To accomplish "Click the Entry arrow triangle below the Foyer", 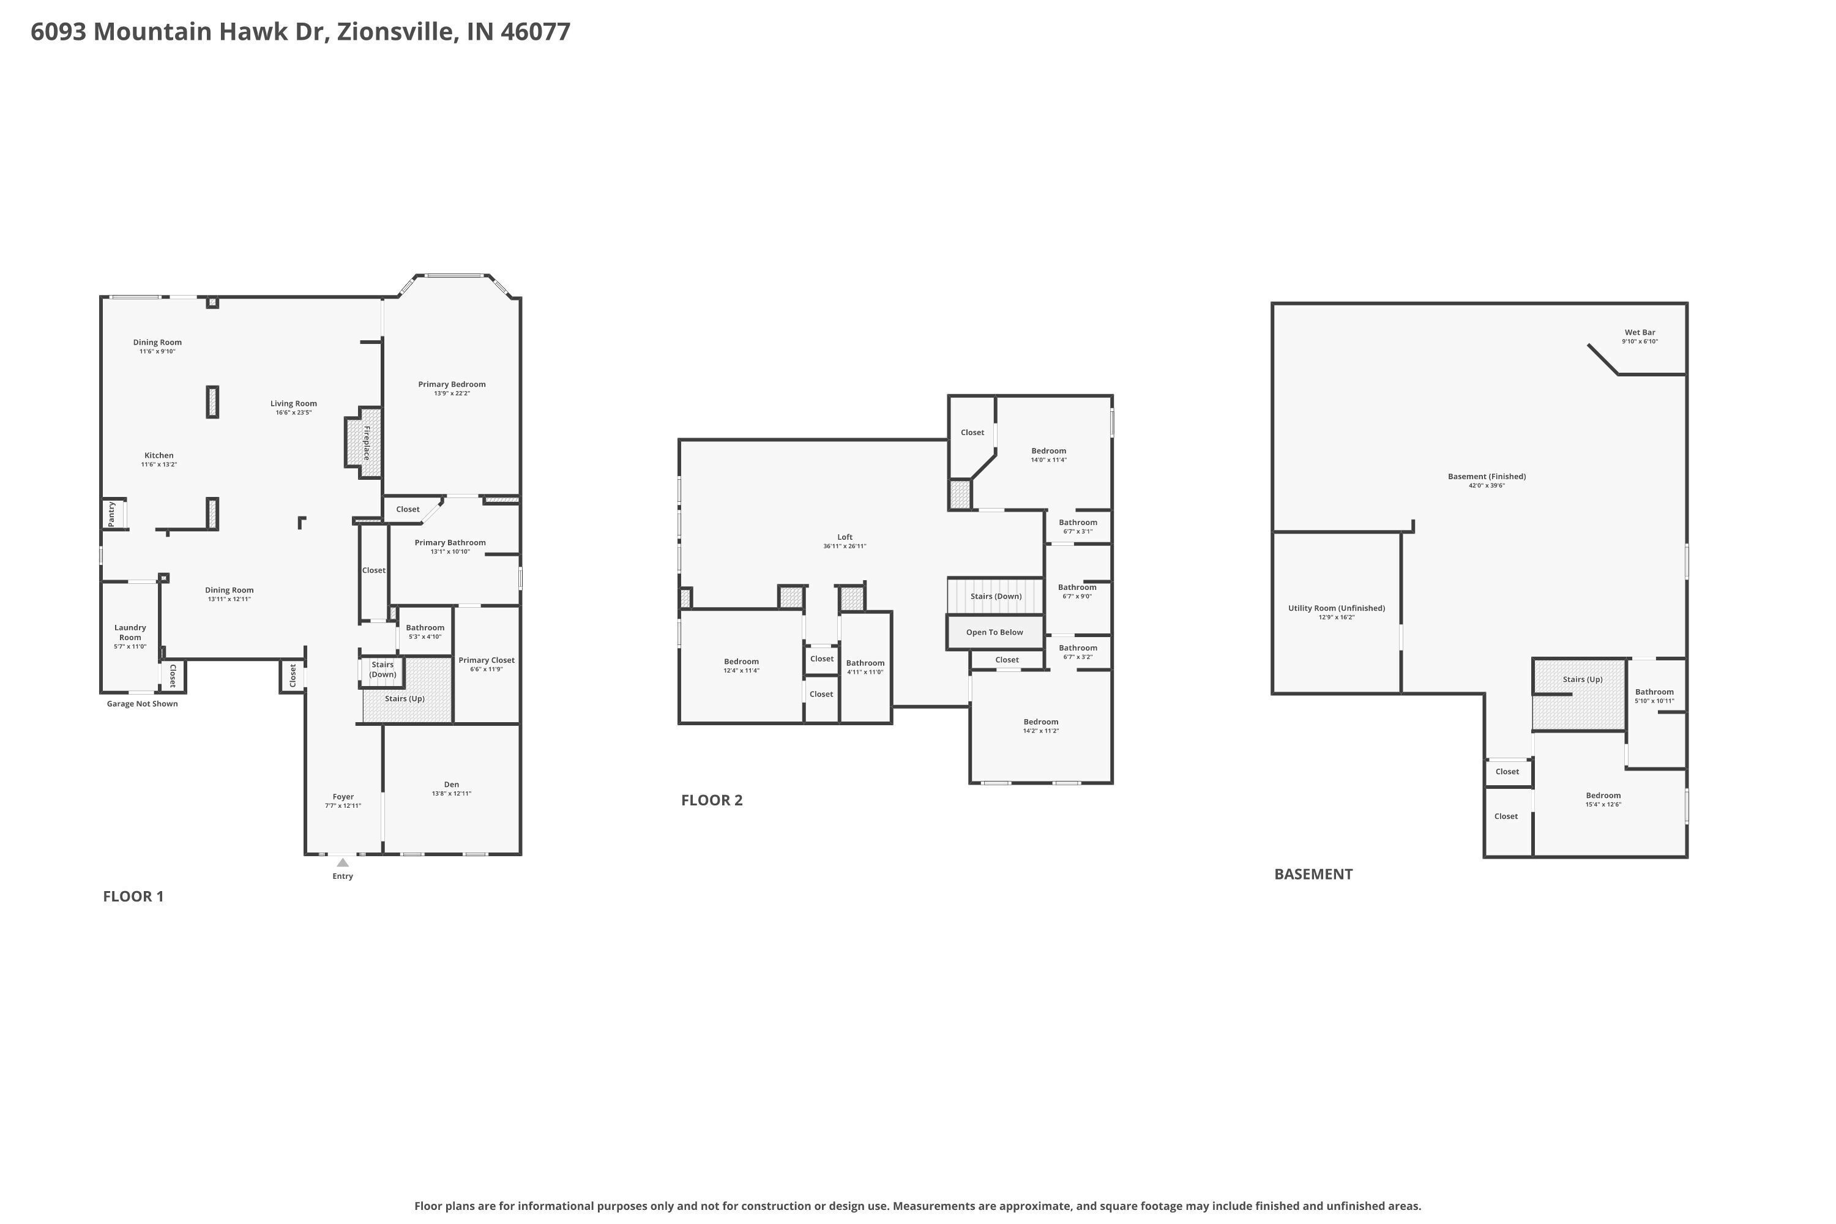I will (x=343, y=862).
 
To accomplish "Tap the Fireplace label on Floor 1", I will (x=366, y=442).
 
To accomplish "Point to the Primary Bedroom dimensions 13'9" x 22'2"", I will (x=452, y=394).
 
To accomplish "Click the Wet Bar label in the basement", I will (x=1640, y=332).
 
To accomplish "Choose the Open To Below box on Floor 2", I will (x=994, y=632).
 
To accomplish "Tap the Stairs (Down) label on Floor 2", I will (x=996, y=596).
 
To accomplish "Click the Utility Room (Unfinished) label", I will (x=1337, y=608).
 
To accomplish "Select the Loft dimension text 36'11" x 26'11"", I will (x=845, y=547).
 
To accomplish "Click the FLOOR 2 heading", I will (x=712, y=800).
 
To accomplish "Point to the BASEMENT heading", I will (x=1313, y=875).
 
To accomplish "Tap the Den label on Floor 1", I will (x=451, y=785).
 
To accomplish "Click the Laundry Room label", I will (x=130, y=632).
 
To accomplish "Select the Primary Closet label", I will (x=487, y=660).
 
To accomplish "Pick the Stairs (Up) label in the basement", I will (x=1582, y=679).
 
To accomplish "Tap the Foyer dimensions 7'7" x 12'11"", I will (x=343, y=805).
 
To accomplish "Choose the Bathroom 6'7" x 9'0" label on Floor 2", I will (x=1077, y=588).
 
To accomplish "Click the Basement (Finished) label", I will (x=1487, y=476).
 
